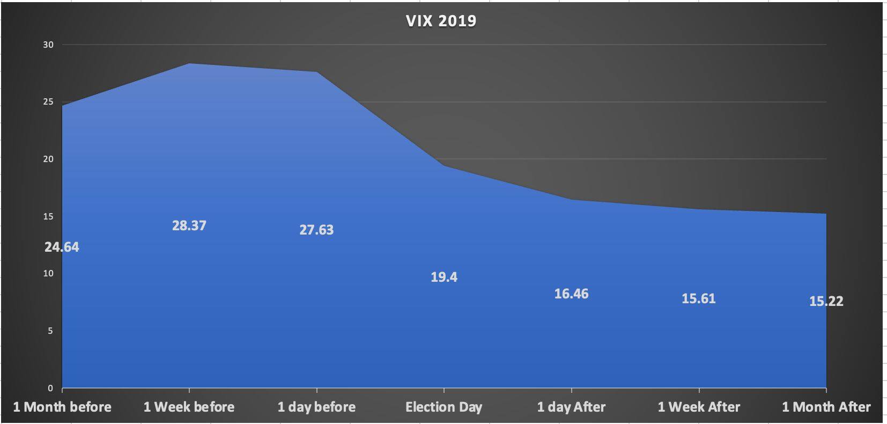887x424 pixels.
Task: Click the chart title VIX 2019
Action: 441,20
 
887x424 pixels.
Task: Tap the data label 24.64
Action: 62,247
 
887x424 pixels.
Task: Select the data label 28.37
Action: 189,225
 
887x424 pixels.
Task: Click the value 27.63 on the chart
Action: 316,230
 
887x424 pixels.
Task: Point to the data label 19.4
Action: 444,277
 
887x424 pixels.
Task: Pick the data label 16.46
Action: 571,294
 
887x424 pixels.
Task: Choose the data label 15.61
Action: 698,298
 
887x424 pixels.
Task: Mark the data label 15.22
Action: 826,301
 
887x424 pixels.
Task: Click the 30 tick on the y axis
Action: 48,45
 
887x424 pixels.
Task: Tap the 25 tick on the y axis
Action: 48,102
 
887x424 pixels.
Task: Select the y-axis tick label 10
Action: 48,273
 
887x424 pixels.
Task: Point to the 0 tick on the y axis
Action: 50,388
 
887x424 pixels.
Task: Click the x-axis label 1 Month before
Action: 62,407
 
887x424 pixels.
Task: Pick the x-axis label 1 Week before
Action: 189,407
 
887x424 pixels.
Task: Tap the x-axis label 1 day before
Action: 316,407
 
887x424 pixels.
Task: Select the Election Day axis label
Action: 443,407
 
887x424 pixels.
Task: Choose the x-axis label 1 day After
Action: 571,407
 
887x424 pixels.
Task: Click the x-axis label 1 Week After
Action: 699,407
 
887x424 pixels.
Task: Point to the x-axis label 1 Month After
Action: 826,407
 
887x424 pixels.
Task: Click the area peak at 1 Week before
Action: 189,64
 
